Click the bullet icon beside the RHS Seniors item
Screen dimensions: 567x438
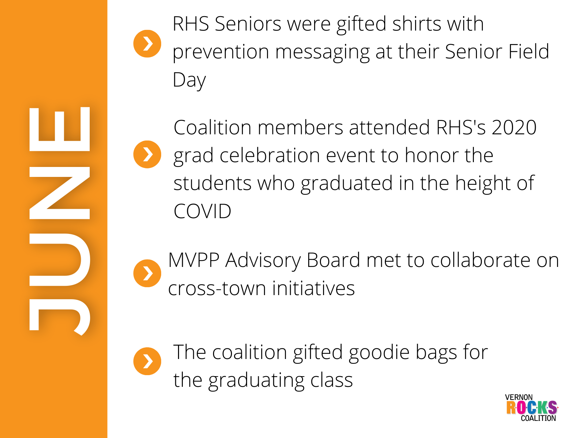pos(147,44)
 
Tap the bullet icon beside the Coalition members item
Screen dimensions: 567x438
pos(147,155)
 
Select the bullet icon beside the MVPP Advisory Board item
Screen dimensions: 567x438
pos(147,273)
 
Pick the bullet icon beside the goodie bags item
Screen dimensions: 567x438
pos(147,361)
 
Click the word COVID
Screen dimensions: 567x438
pos(202,211)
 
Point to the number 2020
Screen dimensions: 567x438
pos(514,127)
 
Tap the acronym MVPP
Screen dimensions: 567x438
pos(194,260)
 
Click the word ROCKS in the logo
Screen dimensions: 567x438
pos(532,407)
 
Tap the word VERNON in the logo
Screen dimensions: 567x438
pos(519,397)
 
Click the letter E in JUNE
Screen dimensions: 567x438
pos(60,129)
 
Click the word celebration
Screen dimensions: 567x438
pos(270,156)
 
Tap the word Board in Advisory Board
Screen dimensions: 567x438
pos(333,260)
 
